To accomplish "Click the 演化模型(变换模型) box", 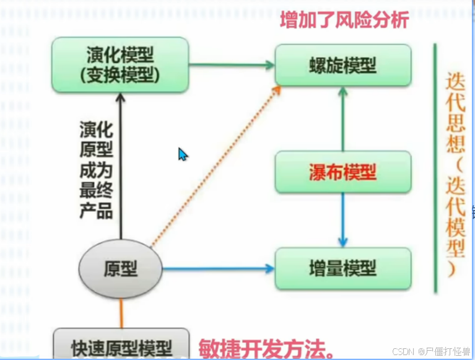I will pyautogui.click(x=120, y=64).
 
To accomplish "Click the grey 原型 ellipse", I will pyautogui.click(x=120, y=268).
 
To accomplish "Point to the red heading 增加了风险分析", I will pyautogui.click(x=344, y=20).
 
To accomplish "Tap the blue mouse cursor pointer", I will pyautogui.click(x=182, y=154).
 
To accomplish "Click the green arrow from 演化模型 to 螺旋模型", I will pyautogui.click(x=232, y=64).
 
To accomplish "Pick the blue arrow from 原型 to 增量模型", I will pyautogui.click(x=217, y=269).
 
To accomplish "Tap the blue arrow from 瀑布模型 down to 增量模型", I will pyautogui.click(x=343, y=219).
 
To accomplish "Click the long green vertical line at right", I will pyautogui.click(x=435, y=167).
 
